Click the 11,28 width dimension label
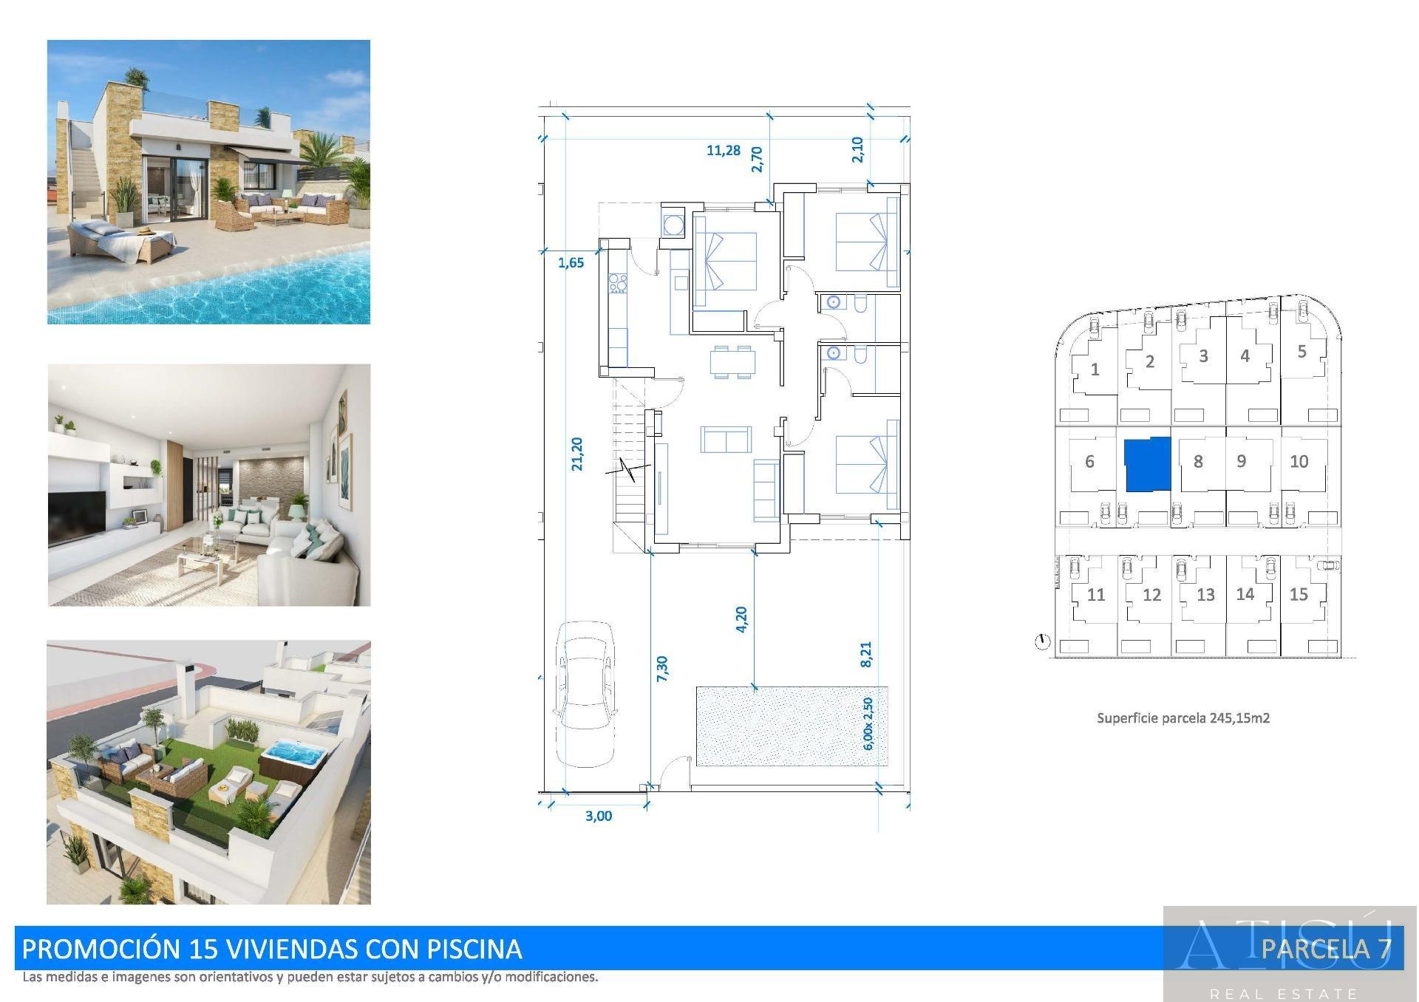724,151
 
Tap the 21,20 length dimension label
577,454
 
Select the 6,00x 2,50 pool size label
868,723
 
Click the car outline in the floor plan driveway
587,695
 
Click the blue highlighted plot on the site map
1148,464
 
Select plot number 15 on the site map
1299,594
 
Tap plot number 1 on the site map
1095,369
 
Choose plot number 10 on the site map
1299,462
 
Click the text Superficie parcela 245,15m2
1183,718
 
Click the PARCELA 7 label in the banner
1326,948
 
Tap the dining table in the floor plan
733,362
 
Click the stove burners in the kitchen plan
618,283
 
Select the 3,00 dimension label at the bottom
599,816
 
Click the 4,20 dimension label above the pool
741,619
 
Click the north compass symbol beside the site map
1042,641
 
